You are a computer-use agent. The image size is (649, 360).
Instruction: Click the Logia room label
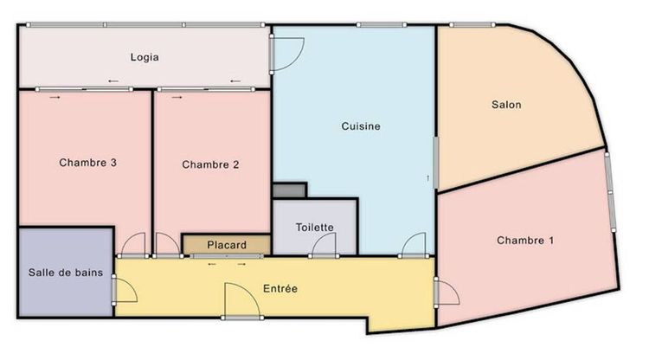click(x=145, y=58)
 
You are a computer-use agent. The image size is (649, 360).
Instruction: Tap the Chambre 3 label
click(x=88, y=163)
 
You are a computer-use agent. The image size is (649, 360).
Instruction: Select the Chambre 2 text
click(x=210, y=164)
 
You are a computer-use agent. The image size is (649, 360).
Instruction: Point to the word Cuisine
click(x=361, y=126)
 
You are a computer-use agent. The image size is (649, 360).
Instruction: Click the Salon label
click(x=505, y=105)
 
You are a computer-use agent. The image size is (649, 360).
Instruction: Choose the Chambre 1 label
click(x=525, y=240)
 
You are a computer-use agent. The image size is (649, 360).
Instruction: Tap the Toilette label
click(x=314, y=228)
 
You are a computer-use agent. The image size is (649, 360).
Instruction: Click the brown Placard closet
click(x=226, y=245)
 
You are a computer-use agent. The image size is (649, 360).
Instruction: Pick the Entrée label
click(x=280, y=288)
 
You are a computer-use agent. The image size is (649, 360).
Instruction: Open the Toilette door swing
click(x=324, y=245)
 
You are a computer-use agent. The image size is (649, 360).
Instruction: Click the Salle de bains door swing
click(x=124, y=290)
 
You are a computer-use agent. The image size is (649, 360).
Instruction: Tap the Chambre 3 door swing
click(x=134, y=245)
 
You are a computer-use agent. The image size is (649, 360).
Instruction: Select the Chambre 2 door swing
click(x=167, y=245)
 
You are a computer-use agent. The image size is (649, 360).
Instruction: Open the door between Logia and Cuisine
click(x=286, y=55)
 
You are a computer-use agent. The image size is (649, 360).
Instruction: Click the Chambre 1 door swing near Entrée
click(x=447, y=292)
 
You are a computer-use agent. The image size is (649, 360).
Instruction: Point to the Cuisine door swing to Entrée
click(x=414, y=245)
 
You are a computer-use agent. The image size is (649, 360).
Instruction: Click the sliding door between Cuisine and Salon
click(x=436, y=162)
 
